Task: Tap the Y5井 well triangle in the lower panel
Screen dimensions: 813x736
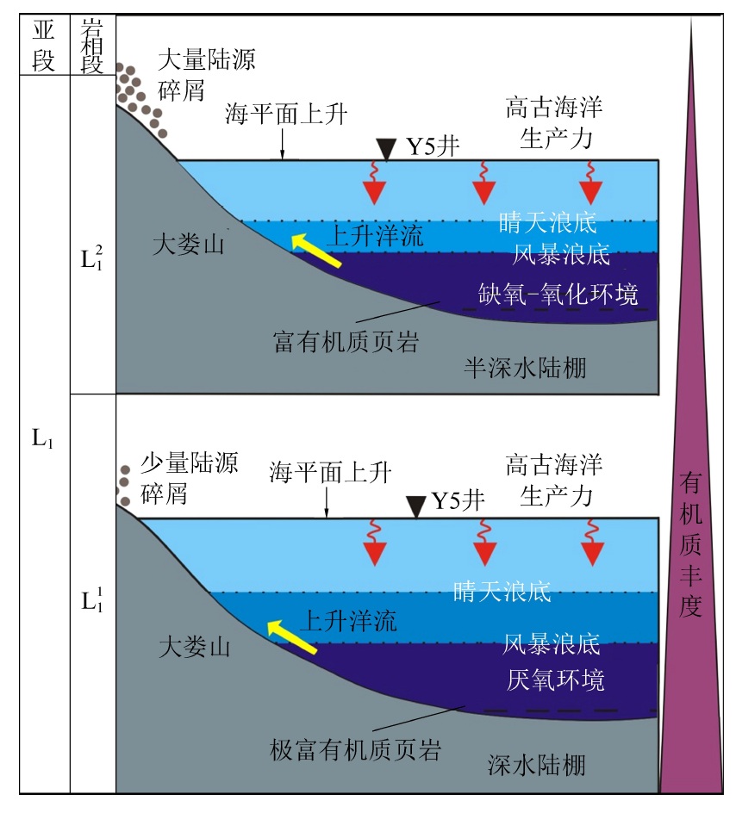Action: click(416, 506)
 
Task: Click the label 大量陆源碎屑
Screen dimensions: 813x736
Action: click(208, 73)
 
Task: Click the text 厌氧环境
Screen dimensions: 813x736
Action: click(555, 680)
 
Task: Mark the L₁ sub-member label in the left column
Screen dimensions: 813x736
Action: click(43, 438)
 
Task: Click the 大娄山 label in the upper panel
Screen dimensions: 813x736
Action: click(188, 245)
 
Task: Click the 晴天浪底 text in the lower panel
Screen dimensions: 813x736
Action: click(502, 591)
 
